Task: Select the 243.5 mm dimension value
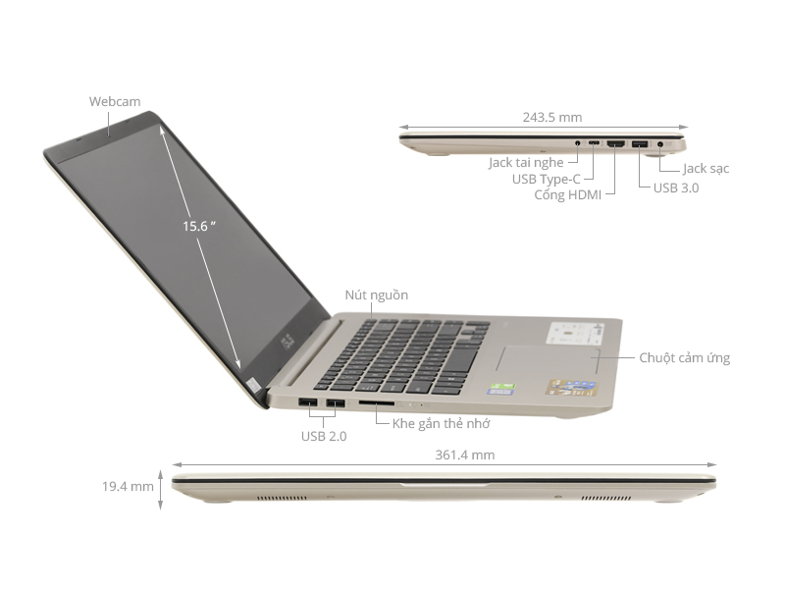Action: pyautogui.click(x=552, y=117)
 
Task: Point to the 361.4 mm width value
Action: pyautogui.click(x=464, y=455)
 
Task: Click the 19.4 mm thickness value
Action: pyautogui.click(x=128, y=486)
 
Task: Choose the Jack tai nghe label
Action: pyautogui.click(x=528, y=163)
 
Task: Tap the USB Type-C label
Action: pyautogui.click(x=547, y=179)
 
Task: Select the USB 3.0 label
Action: pyautogui.click(x=676, y=187)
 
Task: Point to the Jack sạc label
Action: pyautogui.click(x=706, y=169)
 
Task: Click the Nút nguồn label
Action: pyautogui.click(x=376, y=294)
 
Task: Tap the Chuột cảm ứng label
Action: pyautogui.click(x=684, y=358)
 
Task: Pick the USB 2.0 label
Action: pyautogui.click(x=323, y=436)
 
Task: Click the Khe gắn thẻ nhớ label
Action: pyautogui.click(x=441, y=423)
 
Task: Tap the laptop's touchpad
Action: pyautogui.click(x=549, y=359)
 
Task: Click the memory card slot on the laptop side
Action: pyautogui.click(x=377, y=402)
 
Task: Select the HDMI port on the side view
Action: pyautogui.click(x=616, y=145)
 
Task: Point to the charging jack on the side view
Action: pyautogui.click(x=659, y=145)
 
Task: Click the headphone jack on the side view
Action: pyautogui.click(x=579, y=144)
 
